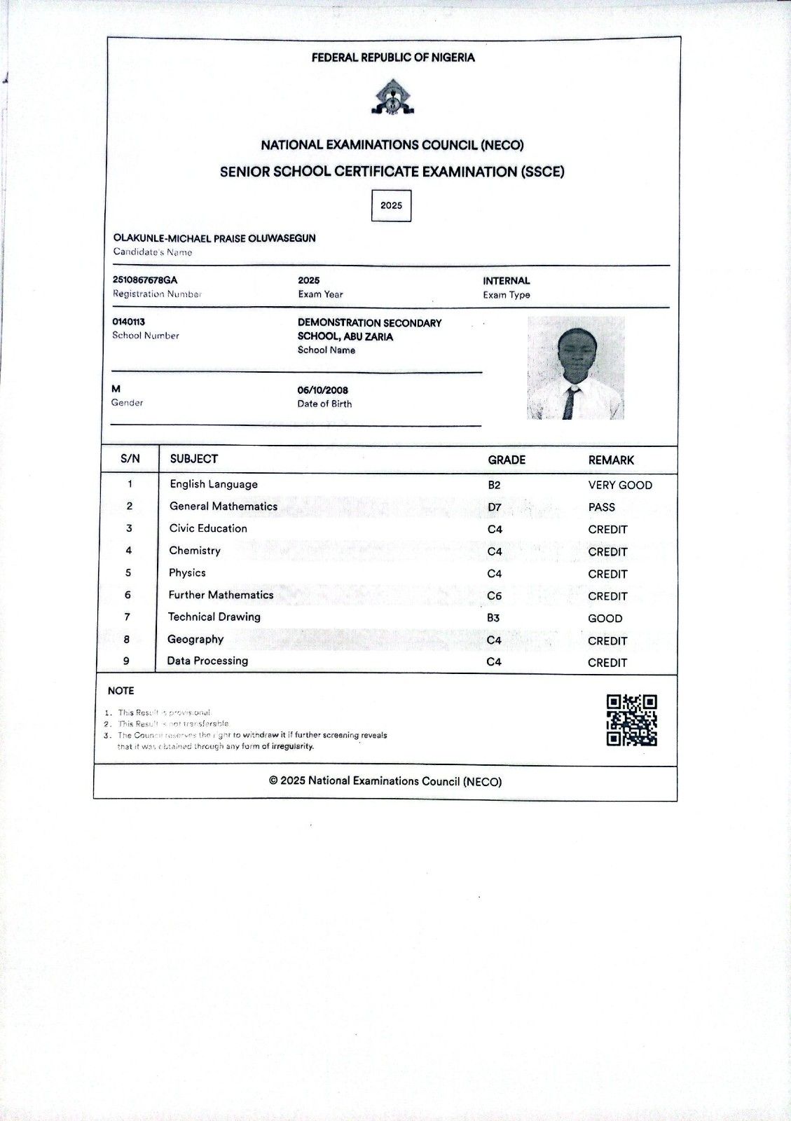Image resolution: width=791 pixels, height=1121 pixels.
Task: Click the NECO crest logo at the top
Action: point(392,97)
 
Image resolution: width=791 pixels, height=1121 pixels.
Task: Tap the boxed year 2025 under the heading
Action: point(391,205)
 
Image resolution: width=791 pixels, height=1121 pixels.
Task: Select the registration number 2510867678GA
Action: point(145,280)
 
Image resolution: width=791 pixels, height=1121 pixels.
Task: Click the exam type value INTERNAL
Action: point(506,280)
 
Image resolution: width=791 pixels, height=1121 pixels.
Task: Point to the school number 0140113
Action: point(129,322)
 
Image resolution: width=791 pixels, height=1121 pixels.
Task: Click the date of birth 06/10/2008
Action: point(322,390)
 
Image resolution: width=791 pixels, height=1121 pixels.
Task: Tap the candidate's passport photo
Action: point(575,368)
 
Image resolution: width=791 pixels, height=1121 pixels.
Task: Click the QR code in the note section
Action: point(631,720)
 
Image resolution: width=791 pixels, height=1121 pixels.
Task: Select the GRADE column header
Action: point(507,460)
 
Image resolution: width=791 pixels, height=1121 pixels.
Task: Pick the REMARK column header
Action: point(611,460)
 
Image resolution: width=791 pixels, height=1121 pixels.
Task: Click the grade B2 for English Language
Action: point(494,485)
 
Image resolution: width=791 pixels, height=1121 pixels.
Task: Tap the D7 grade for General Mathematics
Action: point(495,507)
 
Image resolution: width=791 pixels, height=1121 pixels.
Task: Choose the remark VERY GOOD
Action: point(620,485)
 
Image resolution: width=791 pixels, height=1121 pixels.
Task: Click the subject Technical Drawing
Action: point(214,617)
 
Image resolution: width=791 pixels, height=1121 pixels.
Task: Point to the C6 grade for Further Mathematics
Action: point(494,596)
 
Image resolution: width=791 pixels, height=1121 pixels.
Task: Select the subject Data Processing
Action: point(207,661)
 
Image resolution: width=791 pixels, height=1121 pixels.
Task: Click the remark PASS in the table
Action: point(601,507)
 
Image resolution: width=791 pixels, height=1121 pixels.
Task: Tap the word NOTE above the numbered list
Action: point(121,691)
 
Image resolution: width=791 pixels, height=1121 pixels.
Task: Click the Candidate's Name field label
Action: point(153,252)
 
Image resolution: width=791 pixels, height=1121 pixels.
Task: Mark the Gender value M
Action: point(116,389)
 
